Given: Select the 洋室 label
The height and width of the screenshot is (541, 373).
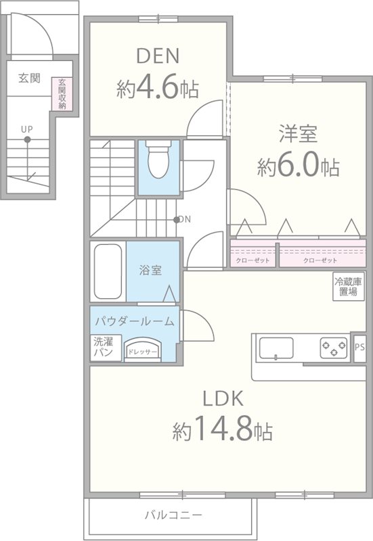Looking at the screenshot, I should tap(298, 133).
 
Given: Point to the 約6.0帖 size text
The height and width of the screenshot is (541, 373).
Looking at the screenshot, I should tap(298, 166).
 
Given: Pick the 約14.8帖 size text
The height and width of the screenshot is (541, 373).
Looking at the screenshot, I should tap(222, 428).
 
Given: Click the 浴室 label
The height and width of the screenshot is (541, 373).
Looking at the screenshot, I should tap(150, 270).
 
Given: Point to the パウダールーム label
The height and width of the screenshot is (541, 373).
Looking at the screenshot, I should tap(134, 321).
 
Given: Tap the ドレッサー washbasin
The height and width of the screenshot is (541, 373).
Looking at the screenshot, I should tap(142, 350).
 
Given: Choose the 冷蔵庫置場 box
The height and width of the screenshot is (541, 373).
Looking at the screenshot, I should tap(348, 287).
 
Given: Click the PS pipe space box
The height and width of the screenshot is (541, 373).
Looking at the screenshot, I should tap(359, 348).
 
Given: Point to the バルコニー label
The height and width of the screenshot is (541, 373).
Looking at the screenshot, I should tap(169, 515).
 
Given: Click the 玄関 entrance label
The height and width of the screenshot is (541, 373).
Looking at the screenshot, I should tap(29, 78).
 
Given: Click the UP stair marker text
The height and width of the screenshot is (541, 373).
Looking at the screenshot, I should tap(26, 128).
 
